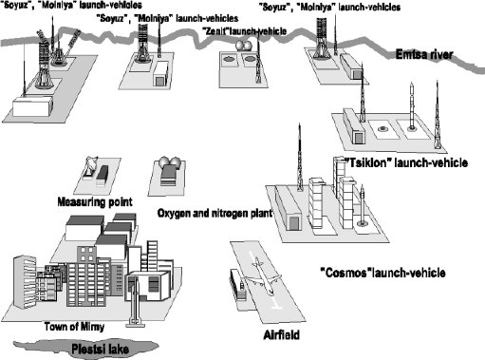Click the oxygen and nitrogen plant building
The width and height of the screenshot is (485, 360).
[x=170, y=174]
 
